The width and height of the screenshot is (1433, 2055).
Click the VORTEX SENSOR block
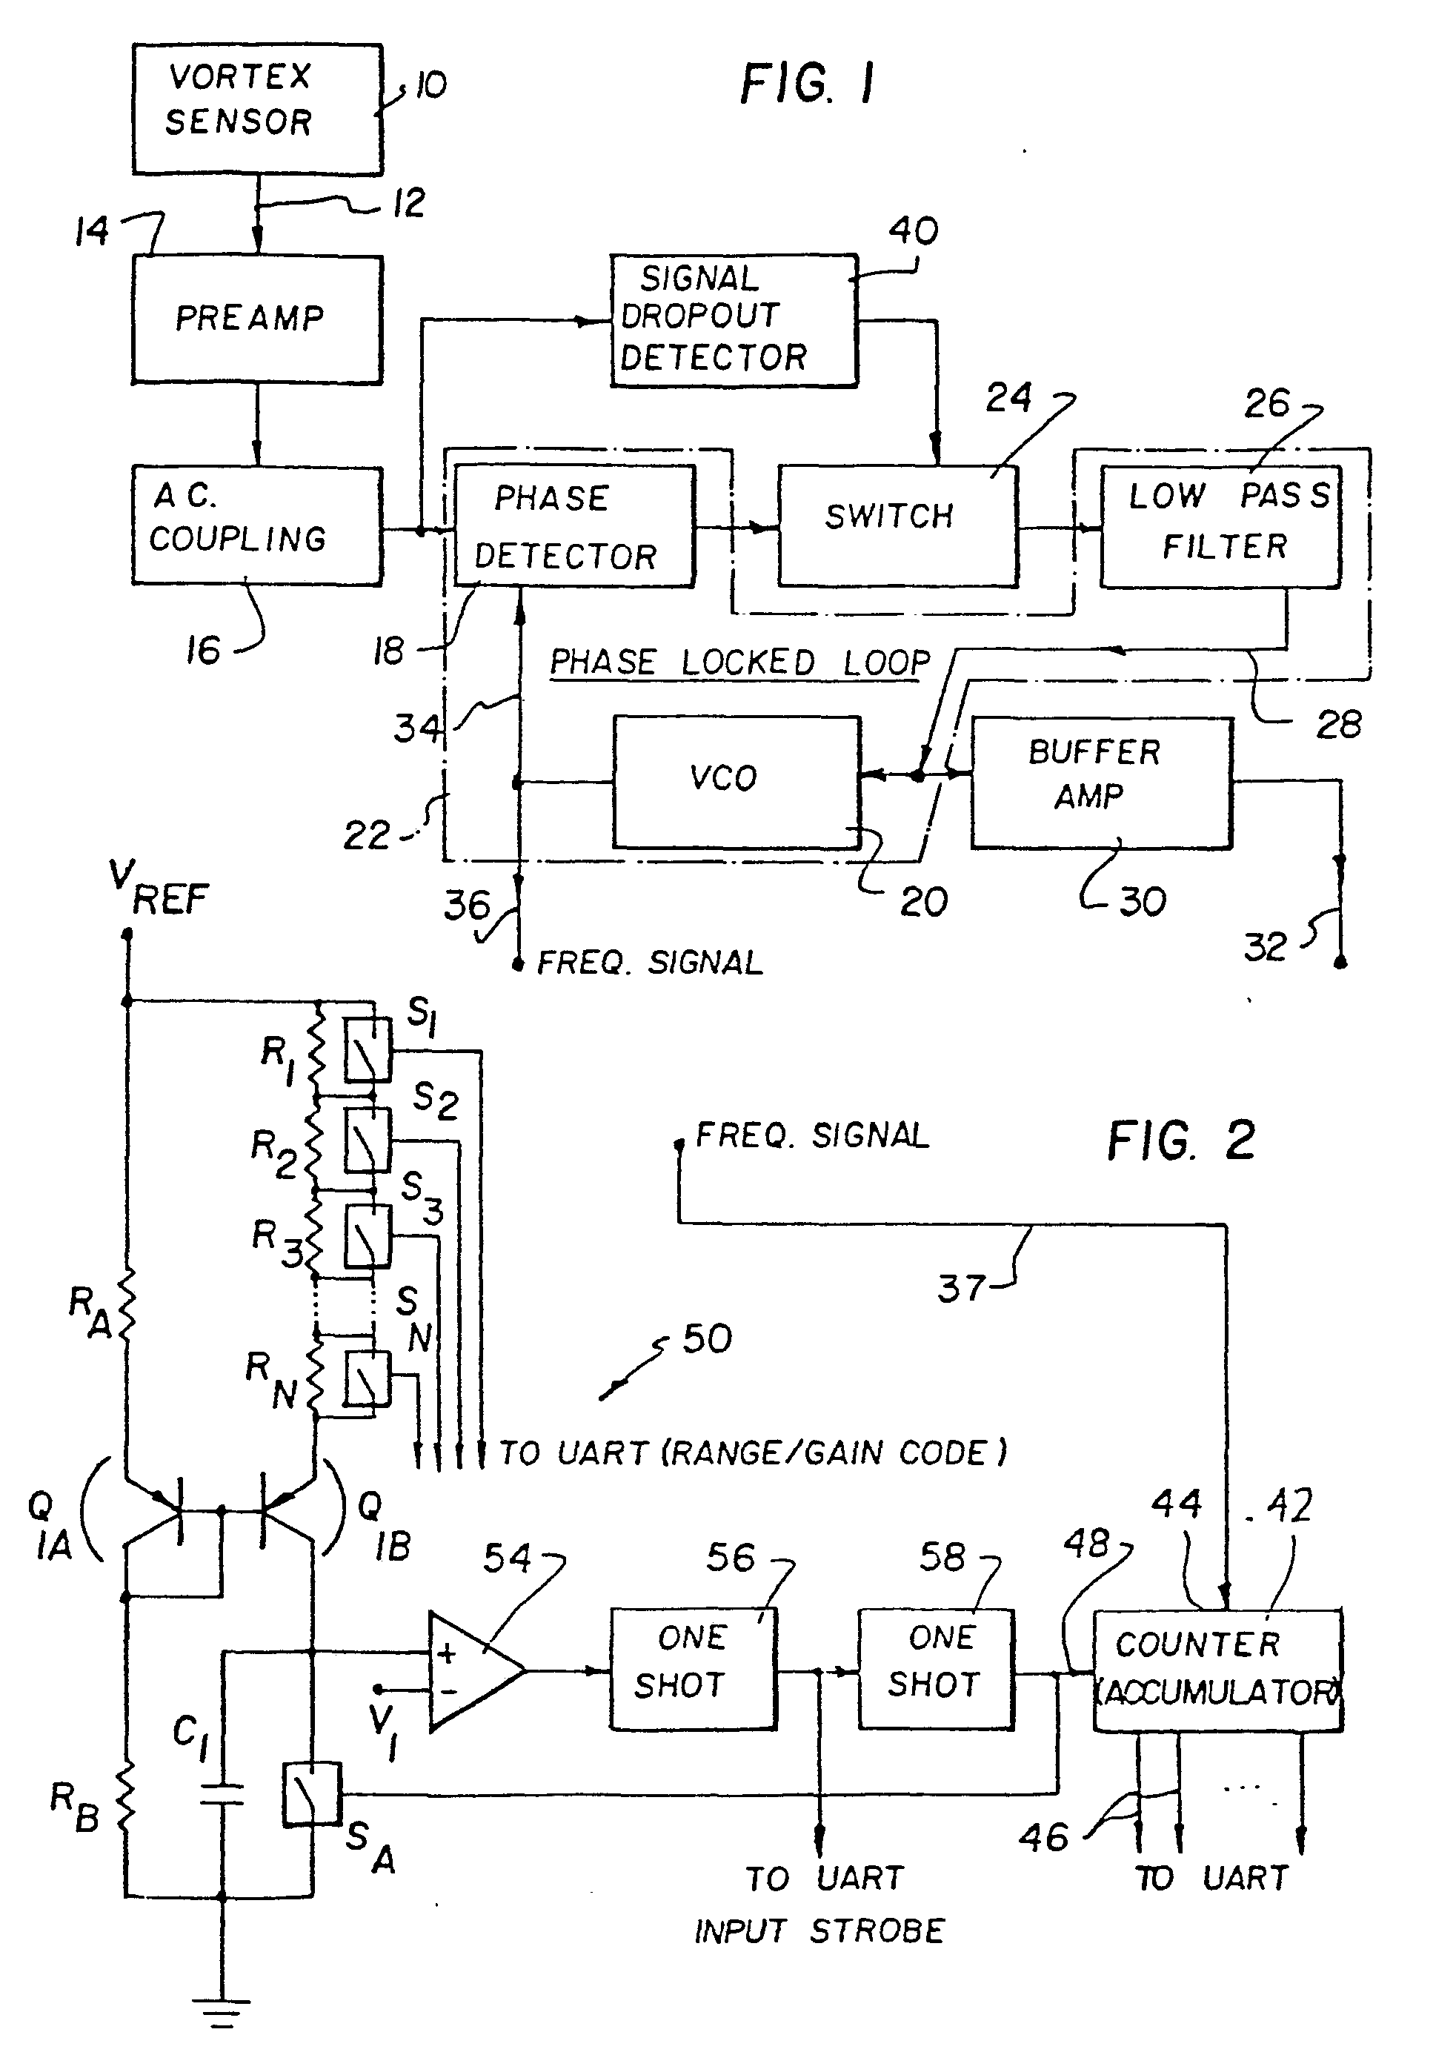(257, 108)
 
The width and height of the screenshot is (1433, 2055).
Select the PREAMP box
(257, 319)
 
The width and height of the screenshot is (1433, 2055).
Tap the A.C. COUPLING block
(257, 525)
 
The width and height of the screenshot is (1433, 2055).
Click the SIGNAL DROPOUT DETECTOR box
(733, 320)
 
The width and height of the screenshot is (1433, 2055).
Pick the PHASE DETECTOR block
(573, 525)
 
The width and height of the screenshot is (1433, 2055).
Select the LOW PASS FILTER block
(1220, 525)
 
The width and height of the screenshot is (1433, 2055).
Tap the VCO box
(736, 780)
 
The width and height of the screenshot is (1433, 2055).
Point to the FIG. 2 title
(1182, 1141)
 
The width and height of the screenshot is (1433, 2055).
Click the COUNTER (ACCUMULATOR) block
(1217, 1670)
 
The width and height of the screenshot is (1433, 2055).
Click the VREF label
(159, 888)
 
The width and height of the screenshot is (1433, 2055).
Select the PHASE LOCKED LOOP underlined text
(739, 663)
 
